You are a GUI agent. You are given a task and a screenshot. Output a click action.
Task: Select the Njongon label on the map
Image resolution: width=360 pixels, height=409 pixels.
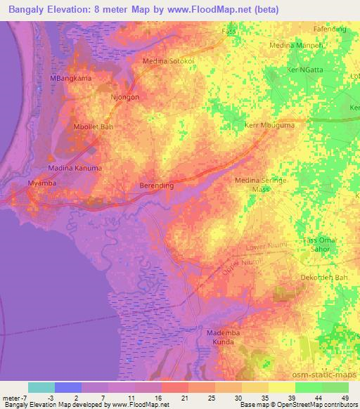[x=124, y=97]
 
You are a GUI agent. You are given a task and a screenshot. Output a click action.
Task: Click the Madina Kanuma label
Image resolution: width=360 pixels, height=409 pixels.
[x=75, y=169]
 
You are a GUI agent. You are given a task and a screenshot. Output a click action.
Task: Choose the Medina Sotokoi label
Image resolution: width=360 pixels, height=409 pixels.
[x=170, y=61]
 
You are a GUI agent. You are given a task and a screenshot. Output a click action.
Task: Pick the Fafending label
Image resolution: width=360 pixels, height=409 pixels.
[x=330, y=29]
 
